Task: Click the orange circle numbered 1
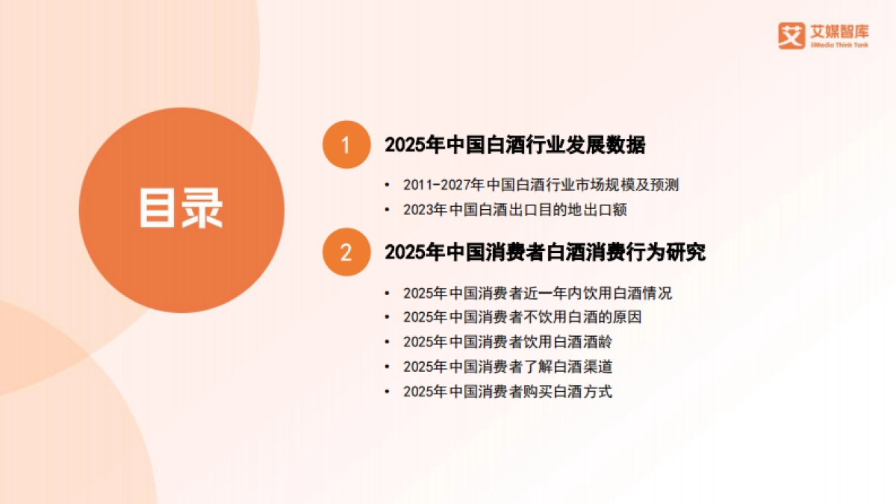tap(346, 144)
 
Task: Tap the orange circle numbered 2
tap(346, 252)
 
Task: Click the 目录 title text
tap(181, 208)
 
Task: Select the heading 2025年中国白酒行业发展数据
tap(514, 145)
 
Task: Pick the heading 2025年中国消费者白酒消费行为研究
tap(545, 252)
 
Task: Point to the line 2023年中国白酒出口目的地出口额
tap(514, 210)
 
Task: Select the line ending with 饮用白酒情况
tap(537, 293)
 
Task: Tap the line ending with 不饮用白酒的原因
tap(522, 317)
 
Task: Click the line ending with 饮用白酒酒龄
tap(507, 341)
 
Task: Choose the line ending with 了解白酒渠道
tap(507, 367)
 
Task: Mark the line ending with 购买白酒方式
tap(507, 391)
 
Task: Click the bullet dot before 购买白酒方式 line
tap(386, 392)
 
